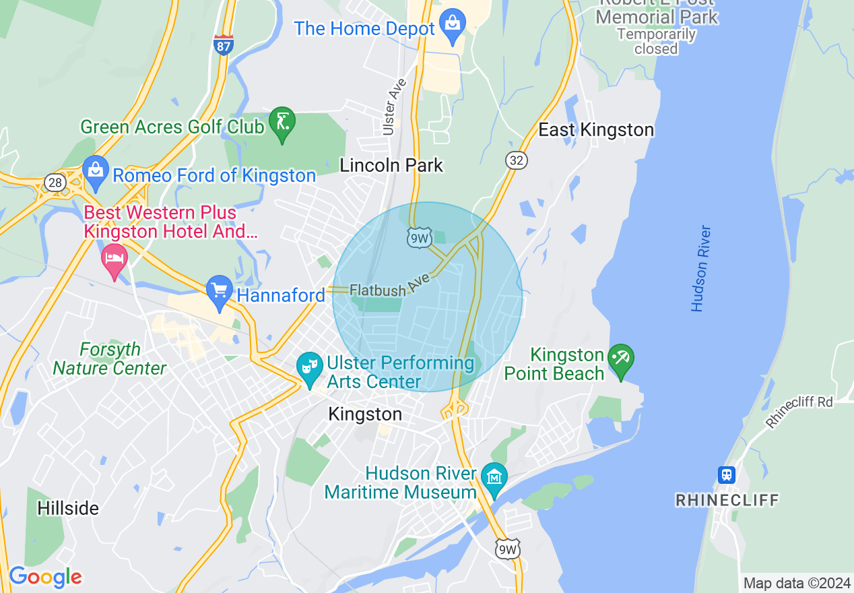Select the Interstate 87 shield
point(224,44)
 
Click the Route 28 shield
point(54,182)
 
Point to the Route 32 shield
point(517,160)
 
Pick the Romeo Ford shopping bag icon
point(96,173)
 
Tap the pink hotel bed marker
point(114,260)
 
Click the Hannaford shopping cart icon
point(220,292)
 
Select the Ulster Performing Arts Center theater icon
point(310,368)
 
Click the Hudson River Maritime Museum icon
point(495,479)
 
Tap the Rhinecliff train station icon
point(726,474)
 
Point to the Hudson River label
point(701,268)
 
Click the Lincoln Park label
point(391,165)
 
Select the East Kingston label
point(596,130)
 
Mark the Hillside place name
point(68,507)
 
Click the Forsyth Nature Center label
point(109,359)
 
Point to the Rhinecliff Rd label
point(799,412)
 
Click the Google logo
point(44,578)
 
